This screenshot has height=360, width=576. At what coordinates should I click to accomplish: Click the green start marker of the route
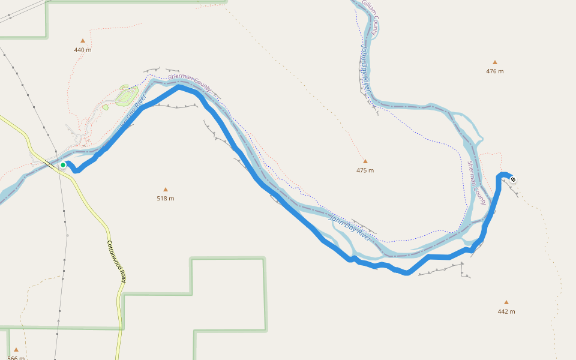(63, 165)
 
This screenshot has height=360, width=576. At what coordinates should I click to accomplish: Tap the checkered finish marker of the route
(512, 179)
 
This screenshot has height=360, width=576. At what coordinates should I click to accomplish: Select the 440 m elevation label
(83, 50)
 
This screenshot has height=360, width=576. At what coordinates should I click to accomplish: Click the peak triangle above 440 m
(83, 41)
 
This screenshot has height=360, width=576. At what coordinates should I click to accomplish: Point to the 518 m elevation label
(166, 198)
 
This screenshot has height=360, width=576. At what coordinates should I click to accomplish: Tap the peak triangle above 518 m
(166, 190)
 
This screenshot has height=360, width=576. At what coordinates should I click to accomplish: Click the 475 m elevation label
(365, 170)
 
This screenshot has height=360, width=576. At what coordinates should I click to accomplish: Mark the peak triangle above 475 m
(365, 161)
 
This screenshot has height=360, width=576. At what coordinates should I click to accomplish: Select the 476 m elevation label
(495, 71)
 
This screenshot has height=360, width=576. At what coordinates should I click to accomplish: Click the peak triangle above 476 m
(495, 62)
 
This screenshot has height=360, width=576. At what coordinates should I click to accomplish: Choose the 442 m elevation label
(506, 311)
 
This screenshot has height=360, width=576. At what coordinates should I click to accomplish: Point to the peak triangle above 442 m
(506, 302)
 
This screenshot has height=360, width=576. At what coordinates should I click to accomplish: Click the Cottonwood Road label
(116, 262)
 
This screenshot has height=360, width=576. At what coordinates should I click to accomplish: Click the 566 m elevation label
(16, 358)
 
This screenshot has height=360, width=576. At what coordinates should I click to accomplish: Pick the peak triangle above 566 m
(16, 349)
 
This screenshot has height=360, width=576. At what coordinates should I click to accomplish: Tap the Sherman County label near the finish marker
(476, 182)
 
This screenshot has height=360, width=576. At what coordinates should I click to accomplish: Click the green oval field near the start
(126, 96)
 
